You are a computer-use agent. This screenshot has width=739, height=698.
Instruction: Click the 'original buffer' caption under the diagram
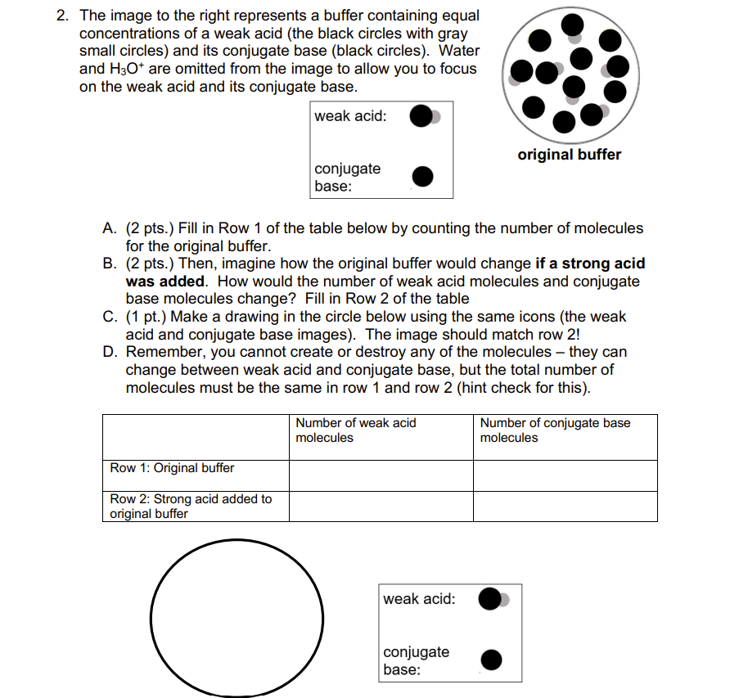point(569,155)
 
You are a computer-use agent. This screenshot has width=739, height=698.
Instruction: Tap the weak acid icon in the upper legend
point(423,117)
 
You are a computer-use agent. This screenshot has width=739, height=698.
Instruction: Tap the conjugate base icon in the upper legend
point(421,176)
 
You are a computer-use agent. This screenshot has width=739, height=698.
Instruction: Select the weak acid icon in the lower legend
point(492,599)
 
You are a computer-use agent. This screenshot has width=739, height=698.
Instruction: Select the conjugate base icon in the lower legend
point(491,659)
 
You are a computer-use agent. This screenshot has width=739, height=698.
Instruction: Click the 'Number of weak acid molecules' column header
point(356,430)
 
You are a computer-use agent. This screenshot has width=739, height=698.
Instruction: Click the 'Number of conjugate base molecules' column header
point(555,430)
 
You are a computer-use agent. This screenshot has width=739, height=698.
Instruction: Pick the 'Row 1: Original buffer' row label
point(172,468)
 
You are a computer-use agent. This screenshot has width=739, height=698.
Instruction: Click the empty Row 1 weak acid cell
point(381,475)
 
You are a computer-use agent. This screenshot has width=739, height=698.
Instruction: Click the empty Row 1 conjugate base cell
point(565,475)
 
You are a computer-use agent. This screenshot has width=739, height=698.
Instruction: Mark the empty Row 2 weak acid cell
point(381,507)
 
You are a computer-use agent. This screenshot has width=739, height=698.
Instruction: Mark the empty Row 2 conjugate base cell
point(565,507)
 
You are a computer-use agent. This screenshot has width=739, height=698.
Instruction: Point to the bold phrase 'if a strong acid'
point(589,263)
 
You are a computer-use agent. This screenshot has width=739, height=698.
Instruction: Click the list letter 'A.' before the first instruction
point(110,228)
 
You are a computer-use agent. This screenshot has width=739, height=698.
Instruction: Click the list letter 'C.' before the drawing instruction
point(110,317)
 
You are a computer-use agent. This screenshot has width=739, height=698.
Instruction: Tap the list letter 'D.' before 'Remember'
point(110,352)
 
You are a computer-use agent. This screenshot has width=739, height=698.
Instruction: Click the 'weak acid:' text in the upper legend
point(350,116)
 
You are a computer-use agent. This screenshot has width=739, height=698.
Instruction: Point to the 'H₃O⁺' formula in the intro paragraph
point(125,69)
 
